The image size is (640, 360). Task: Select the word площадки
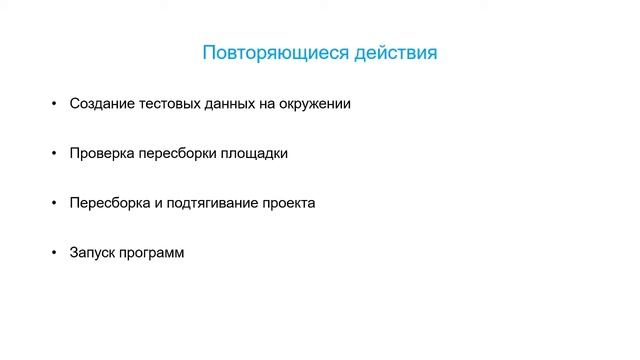pyautogui.click(x=253, y=154)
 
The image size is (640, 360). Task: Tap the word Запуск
pyautogui.click(x=94, y=253)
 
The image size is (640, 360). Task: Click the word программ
pyautogui.click(x=154, y=253)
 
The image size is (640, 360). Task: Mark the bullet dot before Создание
pyautogui.click(x=54, y=104)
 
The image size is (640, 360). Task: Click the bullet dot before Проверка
pyautogui.click(x=54, y=154)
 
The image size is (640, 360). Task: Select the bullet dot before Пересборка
pyautogui.click(x=54, y=203)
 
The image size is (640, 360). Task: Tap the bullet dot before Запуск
pyautogui.click(x=54, y=253)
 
